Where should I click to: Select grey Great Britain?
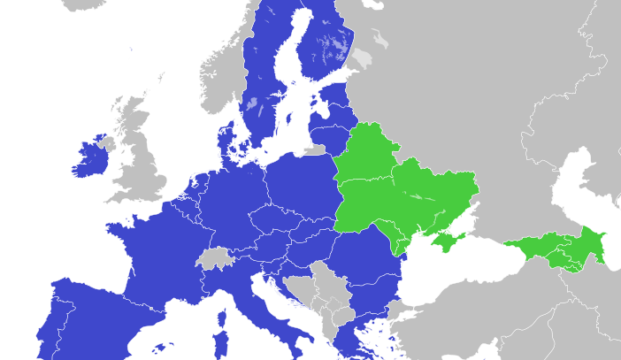pyautogui.click(x=142, y=168)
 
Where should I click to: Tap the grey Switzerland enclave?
pyautogui.click(x=213, y=258)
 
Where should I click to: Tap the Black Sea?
pyautogui.click(x=460, y=265)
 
